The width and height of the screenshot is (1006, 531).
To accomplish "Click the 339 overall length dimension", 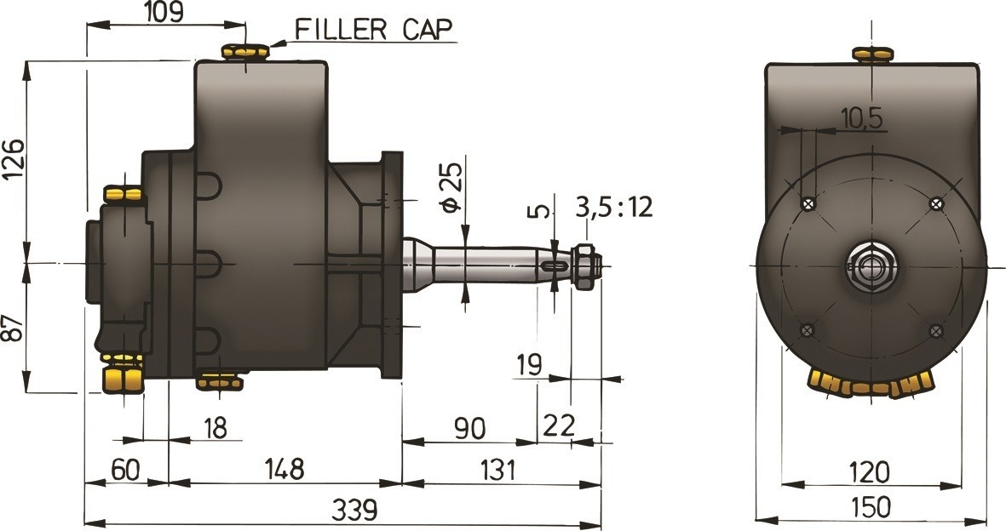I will coord(354,510).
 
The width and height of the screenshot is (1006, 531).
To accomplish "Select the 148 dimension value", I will coord(283,468).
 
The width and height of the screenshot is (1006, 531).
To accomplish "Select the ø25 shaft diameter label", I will coord(451,186).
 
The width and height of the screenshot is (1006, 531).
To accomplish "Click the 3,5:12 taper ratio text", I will coord(614,207).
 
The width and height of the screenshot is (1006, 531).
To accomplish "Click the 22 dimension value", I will coord(559,424).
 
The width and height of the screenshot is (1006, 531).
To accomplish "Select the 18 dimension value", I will coord(216,427).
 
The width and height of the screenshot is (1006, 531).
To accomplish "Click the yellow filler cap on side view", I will coord(244,53).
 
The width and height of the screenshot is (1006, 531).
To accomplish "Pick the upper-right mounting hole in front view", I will coord(936,203).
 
